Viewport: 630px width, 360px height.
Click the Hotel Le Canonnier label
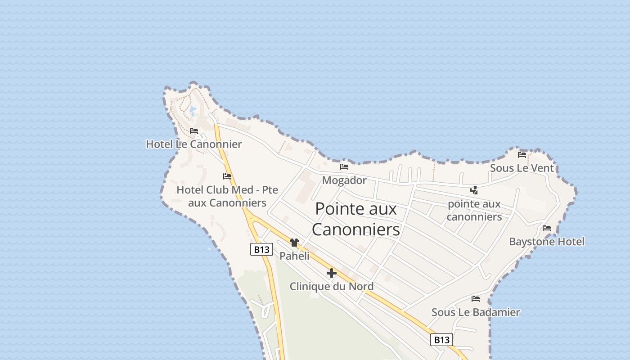(193, 144)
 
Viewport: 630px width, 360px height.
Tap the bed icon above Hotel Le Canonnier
(194, 131)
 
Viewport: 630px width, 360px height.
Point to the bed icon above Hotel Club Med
(227, 176)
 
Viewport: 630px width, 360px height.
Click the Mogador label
(344, 180)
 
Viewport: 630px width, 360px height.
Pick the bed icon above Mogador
(344, 166)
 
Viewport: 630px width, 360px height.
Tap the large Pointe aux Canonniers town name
(356, 219)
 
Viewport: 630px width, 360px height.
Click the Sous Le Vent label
(522, 168)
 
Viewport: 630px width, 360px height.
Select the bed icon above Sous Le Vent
(522, 154)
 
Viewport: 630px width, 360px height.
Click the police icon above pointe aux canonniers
(474, 190)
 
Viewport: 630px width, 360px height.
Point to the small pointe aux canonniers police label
(474, 210)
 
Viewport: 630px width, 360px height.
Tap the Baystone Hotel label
(547, 242)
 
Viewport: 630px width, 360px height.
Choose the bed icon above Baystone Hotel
(547, 228)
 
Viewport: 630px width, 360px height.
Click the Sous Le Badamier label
(476, 312)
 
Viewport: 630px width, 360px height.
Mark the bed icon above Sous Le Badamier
(476, 298)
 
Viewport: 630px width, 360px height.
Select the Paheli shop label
(295, 256)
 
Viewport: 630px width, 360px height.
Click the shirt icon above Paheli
(294, 243)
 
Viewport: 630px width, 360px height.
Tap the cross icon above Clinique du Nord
(332, 273)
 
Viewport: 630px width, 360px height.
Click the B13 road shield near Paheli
(261, 249)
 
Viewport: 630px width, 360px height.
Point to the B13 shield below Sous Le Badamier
(441, 340)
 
